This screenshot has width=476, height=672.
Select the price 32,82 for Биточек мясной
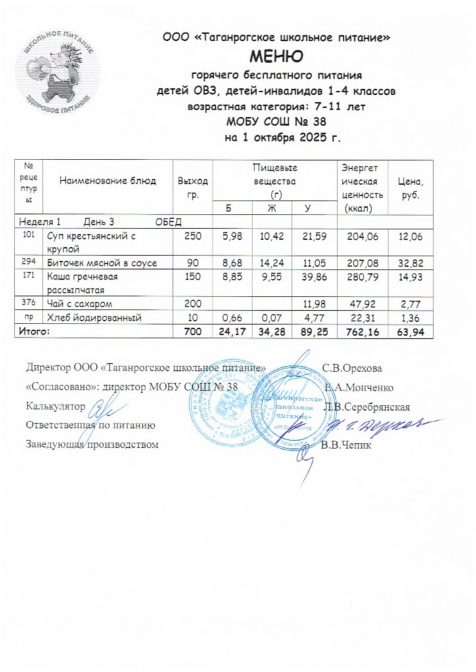click(410, 263)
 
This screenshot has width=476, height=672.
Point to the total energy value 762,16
click(363, 332)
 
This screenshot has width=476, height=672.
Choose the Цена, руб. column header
click(411, 181)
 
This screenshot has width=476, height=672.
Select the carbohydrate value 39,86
click(314, 277)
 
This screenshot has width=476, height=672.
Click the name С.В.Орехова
click(352, 368)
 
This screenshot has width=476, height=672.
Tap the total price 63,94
click(410, 332)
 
